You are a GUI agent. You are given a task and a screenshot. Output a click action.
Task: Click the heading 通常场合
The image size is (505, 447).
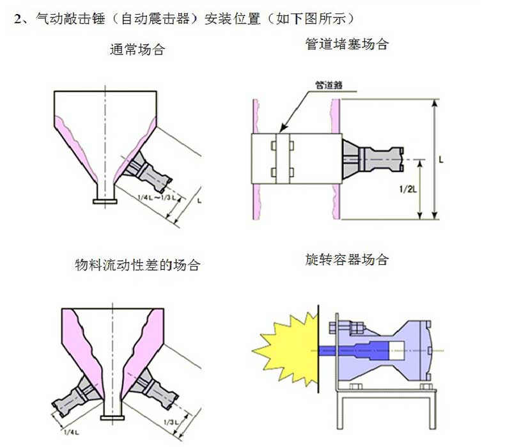click(x=137, y=50)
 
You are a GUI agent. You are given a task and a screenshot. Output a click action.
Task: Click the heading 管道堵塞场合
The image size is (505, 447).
click(x=347, y=44)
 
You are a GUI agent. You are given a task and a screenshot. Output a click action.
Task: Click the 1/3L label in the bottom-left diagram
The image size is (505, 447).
click(x=171, y=422)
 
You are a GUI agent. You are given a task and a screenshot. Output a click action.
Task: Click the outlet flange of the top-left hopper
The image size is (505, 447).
click(x=104, y=201)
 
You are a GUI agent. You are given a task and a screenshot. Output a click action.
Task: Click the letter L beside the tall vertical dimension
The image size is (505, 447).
click(x=442, y=160)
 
